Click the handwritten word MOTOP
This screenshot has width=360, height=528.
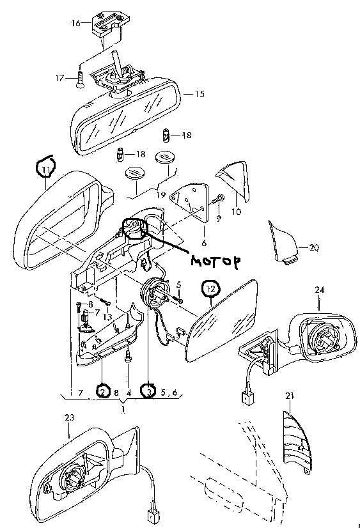click(x=216, y=261)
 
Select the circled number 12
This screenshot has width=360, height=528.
click(x=210, y=288)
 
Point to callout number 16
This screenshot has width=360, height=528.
click(x=75, y=23)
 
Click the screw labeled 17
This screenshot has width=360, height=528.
click(x=80, y=79)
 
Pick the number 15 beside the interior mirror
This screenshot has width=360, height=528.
click(x=200, y=94)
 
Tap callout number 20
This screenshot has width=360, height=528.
click(x=313, y=247)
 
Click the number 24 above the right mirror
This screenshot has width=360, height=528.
click(x=319, y=290)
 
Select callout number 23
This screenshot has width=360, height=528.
click(x=69, y=417)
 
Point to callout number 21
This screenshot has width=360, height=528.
click(x=290, y=396)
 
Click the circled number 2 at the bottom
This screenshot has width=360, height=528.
click(x=102, y=391)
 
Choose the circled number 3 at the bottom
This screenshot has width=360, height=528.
click(x=149, y=391)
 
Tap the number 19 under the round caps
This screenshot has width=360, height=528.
click(x=161, y=194)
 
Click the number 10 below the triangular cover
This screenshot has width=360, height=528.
click(x=237, y=212)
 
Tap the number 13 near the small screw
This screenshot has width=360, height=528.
click(x=107, y=317)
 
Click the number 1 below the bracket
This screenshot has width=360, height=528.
click(x=123, y=410)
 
